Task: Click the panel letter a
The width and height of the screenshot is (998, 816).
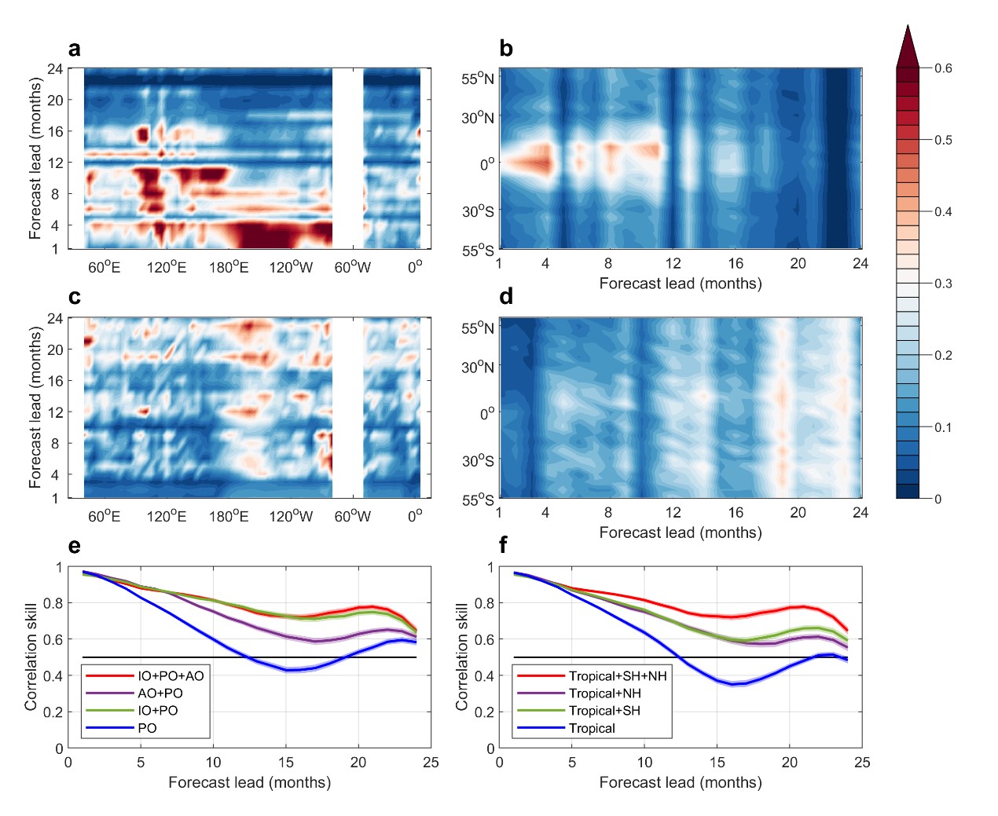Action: click(75, 49)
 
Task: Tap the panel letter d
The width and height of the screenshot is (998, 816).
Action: click(506, 297)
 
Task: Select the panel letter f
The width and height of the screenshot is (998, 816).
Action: click(504, 545)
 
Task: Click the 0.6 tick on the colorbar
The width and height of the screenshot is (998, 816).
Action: click(943, 68)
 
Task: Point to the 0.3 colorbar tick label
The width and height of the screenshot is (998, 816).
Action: click(943, 284)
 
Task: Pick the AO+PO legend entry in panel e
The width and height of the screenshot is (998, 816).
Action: click(160, 693)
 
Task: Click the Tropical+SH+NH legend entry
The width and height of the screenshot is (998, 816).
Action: click(618, 676)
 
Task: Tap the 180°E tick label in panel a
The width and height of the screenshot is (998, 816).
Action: click(229, 268)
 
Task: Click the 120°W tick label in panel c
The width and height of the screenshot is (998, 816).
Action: click(291, 517)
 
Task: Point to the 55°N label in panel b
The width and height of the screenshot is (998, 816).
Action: click(478, 79)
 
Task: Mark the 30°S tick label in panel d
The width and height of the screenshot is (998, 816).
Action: click(478, 460)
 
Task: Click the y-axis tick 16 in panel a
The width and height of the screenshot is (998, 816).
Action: click(55, 131)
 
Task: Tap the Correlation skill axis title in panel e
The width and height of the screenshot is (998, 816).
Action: click(31, 657)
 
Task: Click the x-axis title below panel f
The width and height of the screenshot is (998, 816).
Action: click(681, 782)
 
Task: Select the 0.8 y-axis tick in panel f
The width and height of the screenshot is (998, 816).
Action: click(486, 603)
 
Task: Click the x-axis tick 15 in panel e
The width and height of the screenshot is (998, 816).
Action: click(286, 763)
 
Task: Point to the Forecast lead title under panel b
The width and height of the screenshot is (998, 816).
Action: click(681, 284)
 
